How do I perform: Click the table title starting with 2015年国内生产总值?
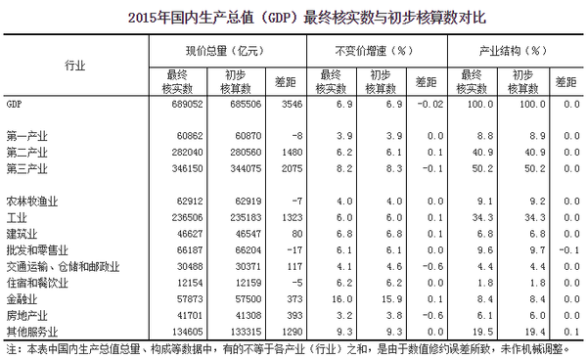click(293, 17)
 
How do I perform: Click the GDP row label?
click(15, 102)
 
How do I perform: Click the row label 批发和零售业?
click(35, 250)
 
